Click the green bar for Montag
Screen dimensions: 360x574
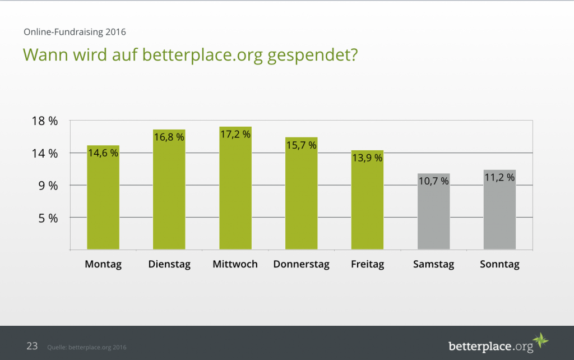point(103,202)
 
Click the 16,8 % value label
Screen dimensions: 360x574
point(169,137)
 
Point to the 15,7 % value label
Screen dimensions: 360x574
point(301,145)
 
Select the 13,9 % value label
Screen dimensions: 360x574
point(367,158)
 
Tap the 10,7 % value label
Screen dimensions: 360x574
point(433,181)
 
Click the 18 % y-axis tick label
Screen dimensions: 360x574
point(44,122)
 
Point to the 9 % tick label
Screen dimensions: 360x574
point(48,186)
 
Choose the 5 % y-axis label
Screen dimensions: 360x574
point(48,218)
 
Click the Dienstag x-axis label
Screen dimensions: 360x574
point(169,264)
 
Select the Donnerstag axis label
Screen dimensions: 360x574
point(301,264)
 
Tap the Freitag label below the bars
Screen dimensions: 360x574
point(367,264)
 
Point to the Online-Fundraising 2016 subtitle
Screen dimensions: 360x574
point(75,32)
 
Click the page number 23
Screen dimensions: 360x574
point(32,346)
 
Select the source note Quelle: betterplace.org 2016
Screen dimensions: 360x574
point(86,347)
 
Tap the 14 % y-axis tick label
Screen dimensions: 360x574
point(44,154)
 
